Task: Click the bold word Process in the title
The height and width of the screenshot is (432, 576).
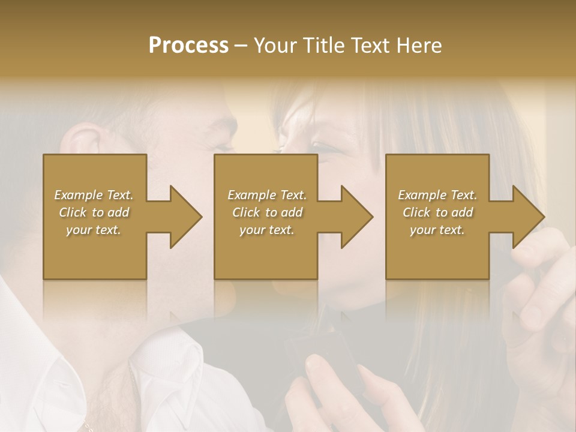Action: tap(188, 46)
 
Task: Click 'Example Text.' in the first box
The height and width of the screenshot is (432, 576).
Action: tap(94, 195)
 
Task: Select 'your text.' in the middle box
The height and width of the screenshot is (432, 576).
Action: tap(266, 230)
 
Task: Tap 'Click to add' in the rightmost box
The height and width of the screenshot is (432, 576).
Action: tap(437, 212)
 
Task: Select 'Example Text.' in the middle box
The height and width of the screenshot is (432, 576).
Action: tap(266, 195)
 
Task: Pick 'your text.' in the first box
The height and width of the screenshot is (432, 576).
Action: tap(94, 230)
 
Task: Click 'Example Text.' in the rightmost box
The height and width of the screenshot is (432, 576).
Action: tap(437, 195)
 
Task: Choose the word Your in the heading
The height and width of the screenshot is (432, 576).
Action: tap(273, 46)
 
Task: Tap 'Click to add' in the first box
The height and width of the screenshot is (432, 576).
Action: tap(94, 212)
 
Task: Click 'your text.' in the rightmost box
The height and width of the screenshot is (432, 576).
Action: tap(437, 230)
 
